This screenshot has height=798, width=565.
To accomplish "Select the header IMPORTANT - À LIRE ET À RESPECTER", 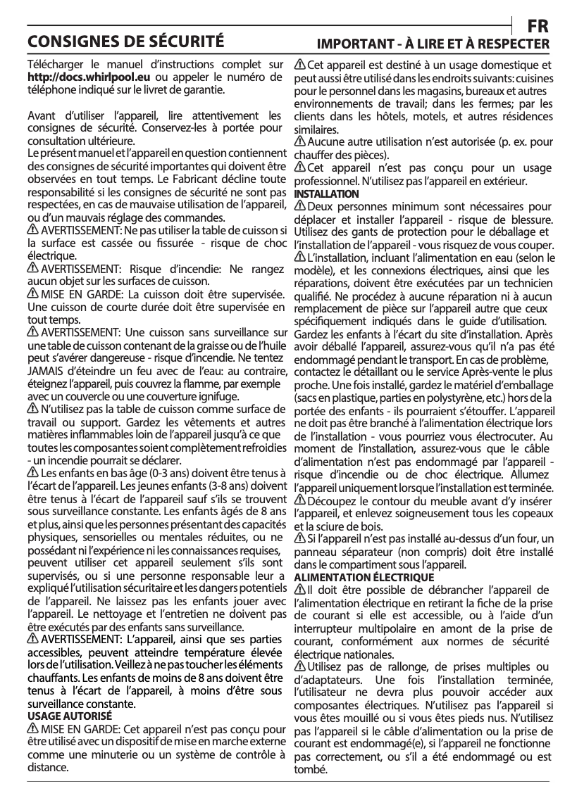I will tap(433, 44).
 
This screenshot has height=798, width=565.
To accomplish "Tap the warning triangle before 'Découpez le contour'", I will tap(299, 500).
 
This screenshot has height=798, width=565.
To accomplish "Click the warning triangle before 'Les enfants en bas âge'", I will tap(32, 472).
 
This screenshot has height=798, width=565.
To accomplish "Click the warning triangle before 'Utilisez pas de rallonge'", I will tap(299, 666).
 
